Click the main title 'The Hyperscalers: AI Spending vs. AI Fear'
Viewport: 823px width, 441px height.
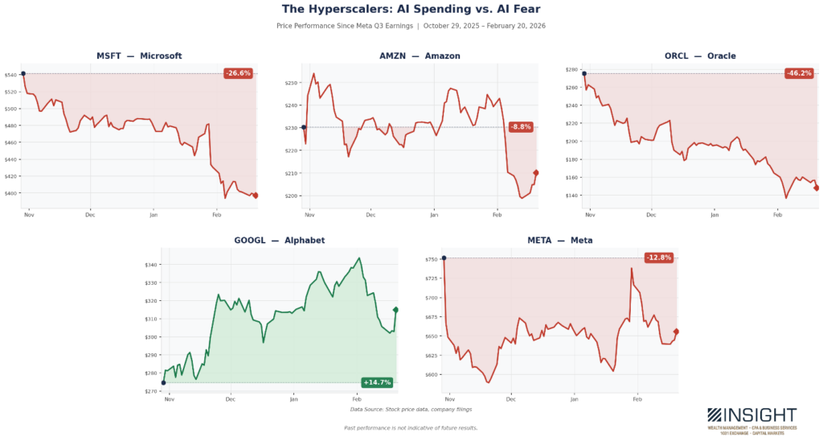[x=411, y=9]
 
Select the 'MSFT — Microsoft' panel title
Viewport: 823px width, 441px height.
[x=140, y=56]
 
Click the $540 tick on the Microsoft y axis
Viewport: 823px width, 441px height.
[x=12, y=75]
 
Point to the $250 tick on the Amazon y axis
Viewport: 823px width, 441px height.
[x=292, y=82]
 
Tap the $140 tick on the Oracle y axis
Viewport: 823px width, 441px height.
[x=573, y=196]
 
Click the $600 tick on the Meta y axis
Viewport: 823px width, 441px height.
[x=432, y=374]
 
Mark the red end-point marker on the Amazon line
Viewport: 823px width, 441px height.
[x=536, y=172]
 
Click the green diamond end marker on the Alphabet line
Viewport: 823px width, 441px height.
[x=395, y=310]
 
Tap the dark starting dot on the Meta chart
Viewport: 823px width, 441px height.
[x=444, y=258]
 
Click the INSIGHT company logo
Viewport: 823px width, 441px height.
[x=751, y=418]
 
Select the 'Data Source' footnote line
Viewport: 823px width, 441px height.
[x=411, y=410]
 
